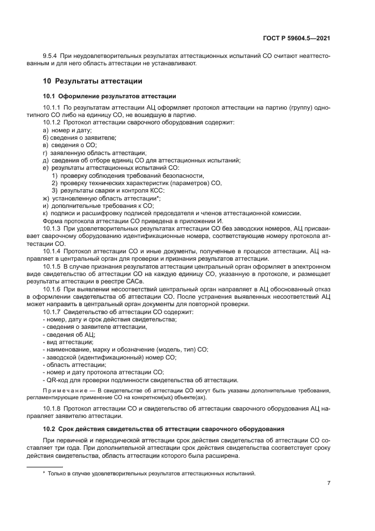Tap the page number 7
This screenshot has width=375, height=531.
point(328,483)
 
